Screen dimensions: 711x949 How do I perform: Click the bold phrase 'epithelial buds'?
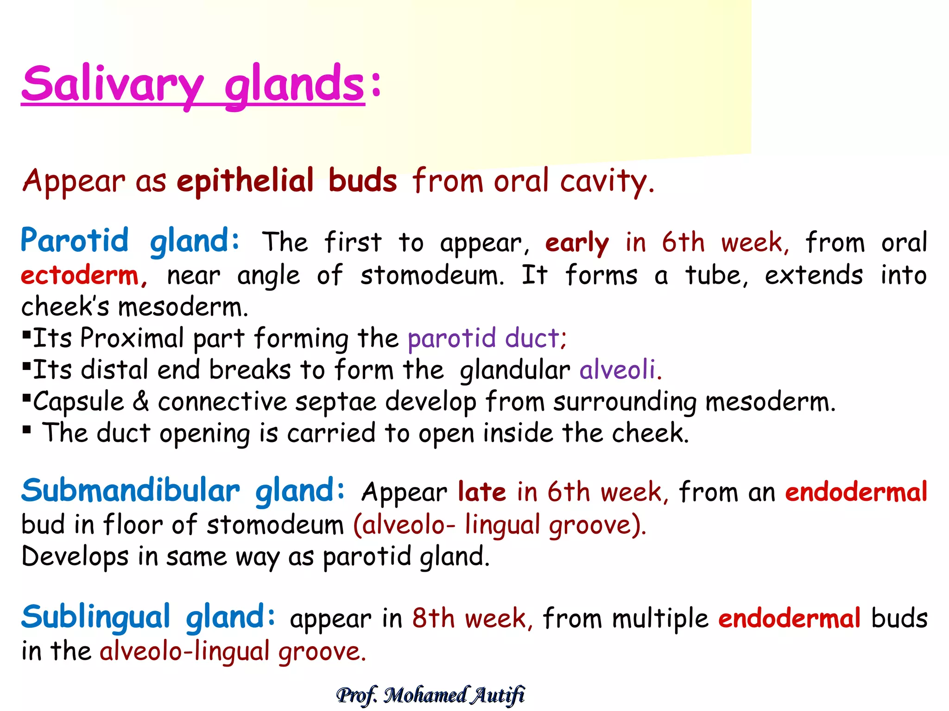tap(287, 181)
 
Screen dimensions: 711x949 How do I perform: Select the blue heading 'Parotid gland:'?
tap(130, 241)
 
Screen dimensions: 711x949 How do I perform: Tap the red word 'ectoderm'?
tap(80, 275)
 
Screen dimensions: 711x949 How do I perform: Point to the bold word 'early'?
tap(577, 243)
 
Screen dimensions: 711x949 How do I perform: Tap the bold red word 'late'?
tap(481, 492)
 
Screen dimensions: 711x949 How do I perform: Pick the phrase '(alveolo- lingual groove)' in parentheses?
tap(500, 525)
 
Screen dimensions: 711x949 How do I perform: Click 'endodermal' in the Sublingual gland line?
tap(789, 619)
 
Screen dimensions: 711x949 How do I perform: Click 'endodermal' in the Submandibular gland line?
tap(856, 492)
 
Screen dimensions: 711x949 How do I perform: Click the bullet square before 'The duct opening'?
tap(27, 430)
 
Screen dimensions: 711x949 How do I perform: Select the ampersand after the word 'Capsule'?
tap(141, 401)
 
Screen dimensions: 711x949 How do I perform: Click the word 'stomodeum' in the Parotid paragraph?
tap(432, 276)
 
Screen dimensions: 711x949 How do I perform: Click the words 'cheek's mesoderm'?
tap(134, 307)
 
